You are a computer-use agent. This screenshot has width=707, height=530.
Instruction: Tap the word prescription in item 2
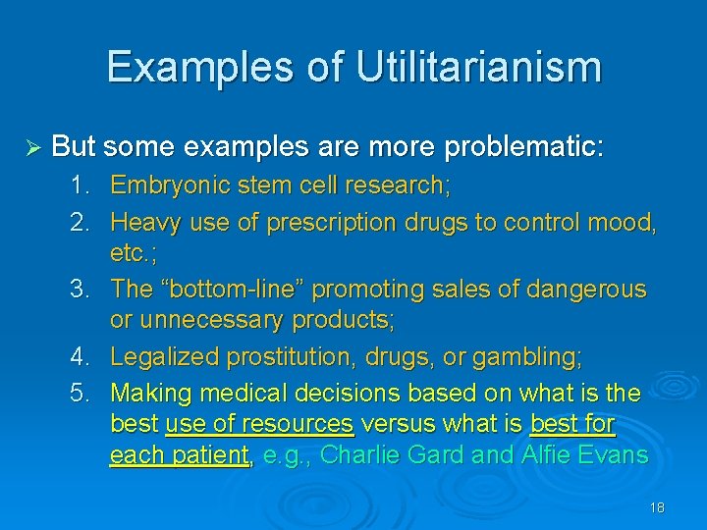pos(331,223)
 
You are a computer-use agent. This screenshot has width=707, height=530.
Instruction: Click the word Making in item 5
pos(150,394)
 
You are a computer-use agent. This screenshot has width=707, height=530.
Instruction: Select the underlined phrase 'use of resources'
pos(259,425)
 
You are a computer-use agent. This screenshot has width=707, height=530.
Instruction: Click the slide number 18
pos(657,507)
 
